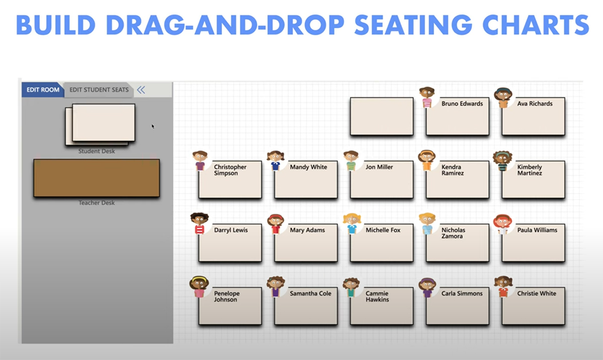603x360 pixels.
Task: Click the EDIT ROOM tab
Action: click(43, 89)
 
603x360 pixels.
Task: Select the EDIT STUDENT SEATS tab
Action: click(99, 89)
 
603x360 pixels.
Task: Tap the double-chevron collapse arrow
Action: click(141, 89)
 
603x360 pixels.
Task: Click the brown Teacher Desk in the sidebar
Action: click(96, 178)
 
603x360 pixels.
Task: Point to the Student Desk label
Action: click(96, 151)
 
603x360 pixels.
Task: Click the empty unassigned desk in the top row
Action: click(382, 116)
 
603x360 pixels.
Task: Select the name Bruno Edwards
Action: click(462, 104)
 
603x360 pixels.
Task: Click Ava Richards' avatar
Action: click(503, 98)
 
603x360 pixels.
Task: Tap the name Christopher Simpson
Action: click(230, 170)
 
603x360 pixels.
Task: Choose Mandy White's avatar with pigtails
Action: click(275, 160)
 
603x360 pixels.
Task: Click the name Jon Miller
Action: click(379, 167)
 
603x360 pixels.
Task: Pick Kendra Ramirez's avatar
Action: click(427, 160)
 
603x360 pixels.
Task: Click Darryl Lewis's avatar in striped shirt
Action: click(199, 223)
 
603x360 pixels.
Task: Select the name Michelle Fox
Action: click(383, 230)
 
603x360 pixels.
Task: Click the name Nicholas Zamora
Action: click(453, 233)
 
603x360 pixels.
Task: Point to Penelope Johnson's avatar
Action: click(199, 287)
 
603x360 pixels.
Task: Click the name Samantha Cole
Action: click(311, 294)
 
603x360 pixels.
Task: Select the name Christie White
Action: click(537, 294)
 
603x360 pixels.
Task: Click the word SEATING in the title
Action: click(413, 25)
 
